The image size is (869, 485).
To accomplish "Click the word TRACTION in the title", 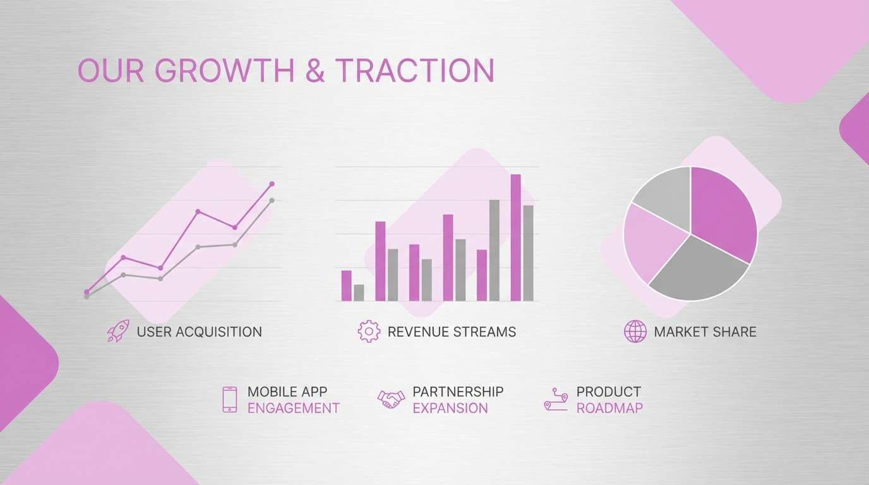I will click(414, 71).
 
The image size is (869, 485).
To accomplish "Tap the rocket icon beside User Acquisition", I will click(118, 331).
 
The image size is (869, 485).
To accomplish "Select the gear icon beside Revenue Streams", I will click(369, 331).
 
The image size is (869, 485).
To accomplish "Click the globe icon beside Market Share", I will click(635, 331).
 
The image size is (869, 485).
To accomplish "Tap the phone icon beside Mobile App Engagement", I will click(230, 400).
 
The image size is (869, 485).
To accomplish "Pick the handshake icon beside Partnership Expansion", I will click(391, 399).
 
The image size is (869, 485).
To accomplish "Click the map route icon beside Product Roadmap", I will click(556, 400).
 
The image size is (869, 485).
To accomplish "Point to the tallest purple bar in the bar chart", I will click(515, 237).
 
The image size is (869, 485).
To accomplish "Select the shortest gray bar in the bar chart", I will click(359, 292).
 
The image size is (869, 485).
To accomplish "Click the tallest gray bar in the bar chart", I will click(494, 250).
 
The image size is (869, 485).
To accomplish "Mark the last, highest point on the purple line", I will click(272, 184).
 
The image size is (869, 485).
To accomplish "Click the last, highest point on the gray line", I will click(272, 200).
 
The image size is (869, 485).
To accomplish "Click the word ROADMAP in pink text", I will click(609, 408).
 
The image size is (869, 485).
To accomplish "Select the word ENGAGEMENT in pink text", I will click(293, 408).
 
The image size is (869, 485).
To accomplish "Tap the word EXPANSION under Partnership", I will click(450, 408).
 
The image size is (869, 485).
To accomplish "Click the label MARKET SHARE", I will click(705, 332).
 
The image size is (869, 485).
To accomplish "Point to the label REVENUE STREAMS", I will click(452, 332).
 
